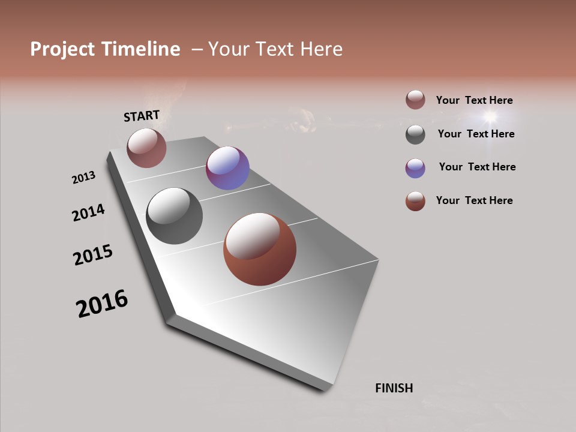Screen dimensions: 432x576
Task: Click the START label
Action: (x=142, y=116)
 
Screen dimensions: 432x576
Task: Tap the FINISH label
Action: (x=394, y=388)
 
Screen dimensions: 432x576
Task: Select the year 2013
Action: (x=84, y=178)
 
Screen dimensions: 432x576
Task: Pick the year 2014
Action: (x=89, y=213)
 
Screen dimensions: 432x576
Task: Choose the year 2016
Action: (x=102, y=304)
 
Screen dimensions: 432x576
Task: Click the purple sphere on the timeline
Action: (x=227, y=168)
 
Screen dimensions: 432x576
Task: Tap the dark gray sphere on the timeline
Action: (x=175, y=216)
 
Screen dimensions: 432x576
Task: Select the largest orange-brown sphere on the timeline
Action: (x=260, y=249)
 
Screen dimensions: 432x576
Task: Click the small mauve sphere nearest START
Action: (x=146, y=148)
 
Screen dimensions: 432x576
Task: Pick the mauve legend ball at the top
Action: (x=415, y=100)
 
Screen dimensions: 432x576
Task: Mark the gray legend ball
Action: (x=415, y=134)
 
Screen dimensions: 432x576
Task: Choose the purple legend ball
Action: (x=415, y=168)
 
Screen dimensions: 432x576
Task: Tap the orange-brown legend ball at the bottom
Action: (x=415, y=201)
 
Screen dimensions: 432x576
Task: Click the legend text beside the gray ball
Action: (x=476, y=134)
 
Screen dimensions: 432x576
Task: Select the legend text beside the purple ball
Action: (x=477, y=167)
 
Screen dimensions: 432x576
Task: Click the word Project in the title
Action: (x=62, y=49)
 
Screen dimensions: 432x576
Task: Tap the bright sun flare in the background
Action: (x=490, y=116)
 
